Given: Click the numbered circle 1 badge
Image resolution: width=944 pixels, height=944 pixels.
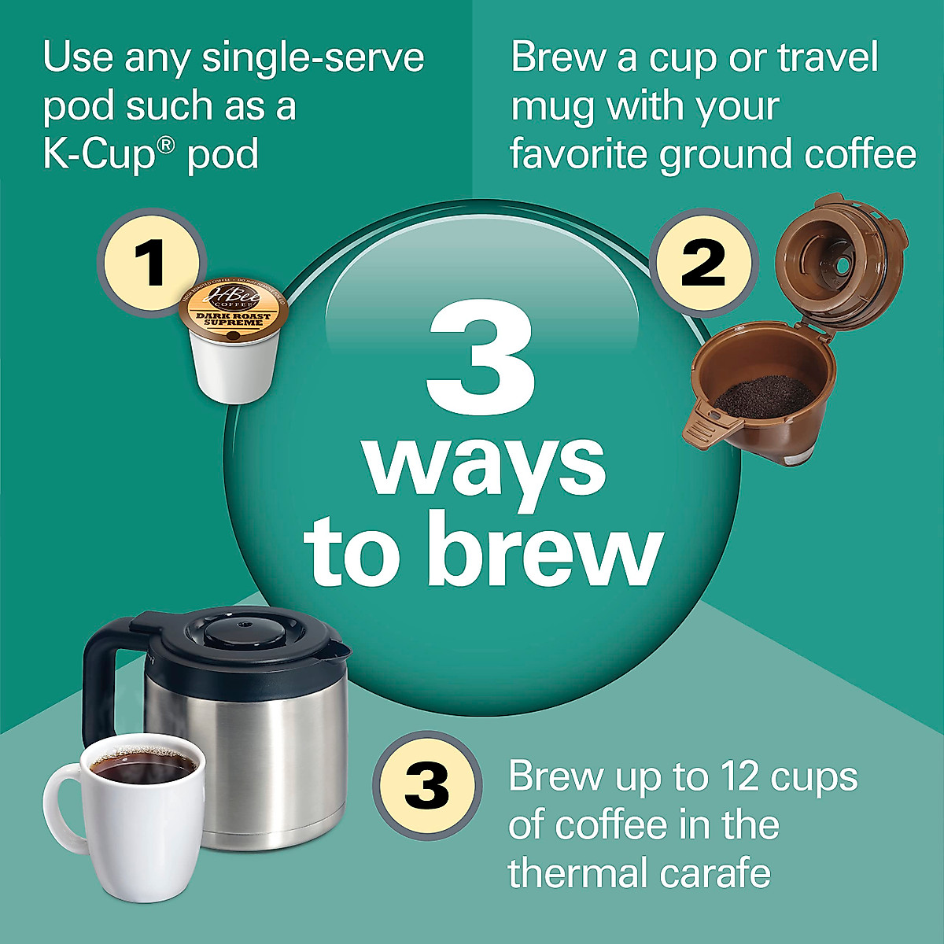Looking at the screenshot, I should point(151,262).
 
